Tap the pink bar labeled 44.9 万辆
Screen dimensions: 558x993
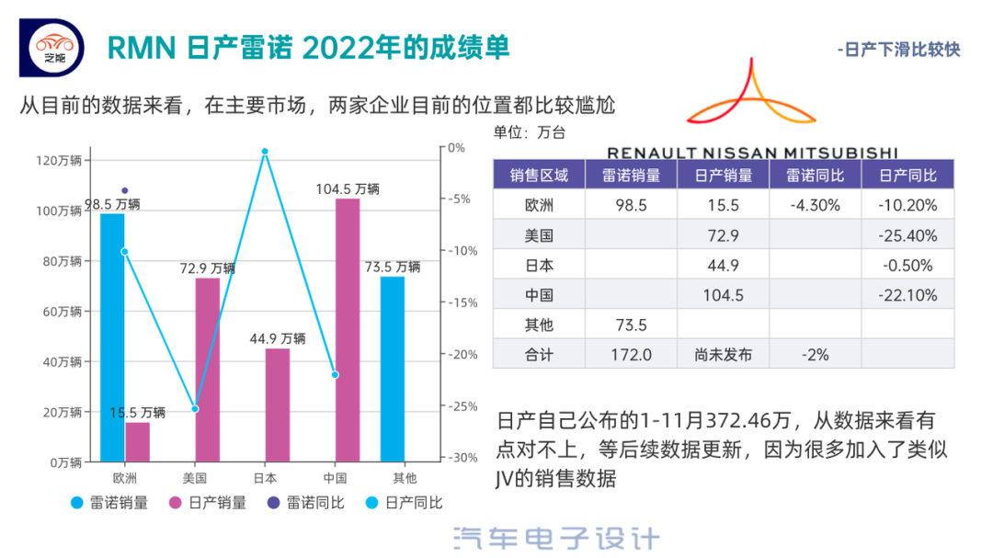pos(277,404)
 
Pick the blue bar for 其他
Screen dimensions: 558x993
pos(392,369)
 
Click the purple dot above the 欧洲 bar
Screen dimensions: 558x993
pos(125,190)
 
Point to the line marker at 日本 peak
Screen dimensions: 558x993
pos(265,152)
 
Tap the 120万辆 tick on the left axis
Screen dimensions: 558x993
pos(59,161)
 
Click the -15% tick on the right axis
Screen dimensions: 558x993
pos(460,302)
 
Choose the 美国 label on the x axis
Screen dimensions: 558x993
pos(195,478)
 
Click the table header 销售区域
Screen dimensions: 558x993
pos(539,175)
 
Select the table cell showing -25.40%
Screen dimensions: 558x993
pos(907,235)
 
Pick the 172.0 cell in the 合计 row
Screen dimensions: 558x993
pos(631,354)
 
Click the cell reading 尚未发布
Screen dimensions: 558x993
pos(723,354)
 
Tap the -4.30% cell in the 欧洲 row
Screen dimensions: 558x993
pos(815,205)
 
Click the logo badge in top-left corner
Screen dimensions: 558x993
pos(51,46)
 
